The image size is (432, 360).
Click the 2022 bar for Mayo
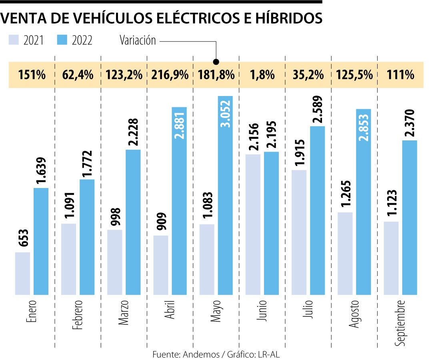point(225,196)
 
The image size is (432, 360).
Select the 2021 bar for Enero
point(22,274)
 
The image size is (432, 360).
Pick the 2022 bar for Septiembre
point(410,218)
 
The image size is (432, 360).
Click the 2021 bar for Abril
point(161,265)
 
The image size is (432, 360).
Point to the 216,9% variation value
point(170,75)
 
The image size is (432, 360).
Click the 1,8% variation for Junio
point(262,75)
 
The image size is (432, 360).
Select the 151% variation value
point(32,75)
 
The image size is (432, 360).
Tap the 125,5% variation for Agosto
point(354,75)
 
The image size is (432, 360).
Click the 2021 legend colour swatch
point(14,40)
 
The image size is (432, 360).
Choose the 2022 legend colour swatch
point(62,40)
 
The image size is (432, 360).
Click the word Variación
point(138,40)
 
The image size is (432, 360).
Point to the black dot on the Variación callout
point(216,62)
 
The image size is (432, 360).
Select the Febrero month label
point(78,314)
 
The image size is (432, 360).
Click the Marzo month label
point(124,312)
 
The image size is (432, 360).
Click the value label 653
point(23,239)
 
